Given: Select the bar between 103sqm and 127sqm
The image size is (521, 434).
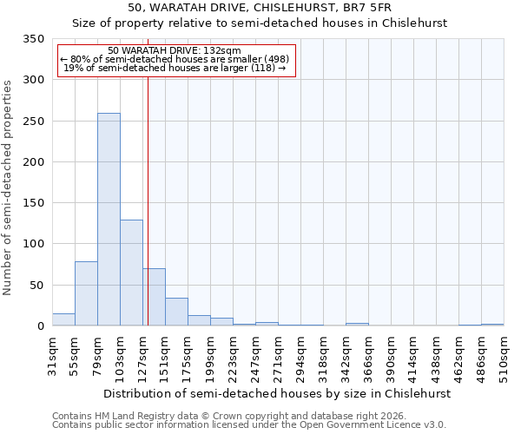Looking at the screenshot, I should [x=131, y=273].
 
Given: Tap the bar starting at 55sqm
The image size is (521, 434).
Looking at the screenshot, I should [x=86, y=293].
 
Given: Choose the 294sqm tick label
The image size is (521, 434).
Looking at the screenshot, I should [x=300, y=356].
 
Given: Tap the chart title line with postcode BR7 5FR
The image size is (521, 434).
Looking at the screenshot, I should [x=260, y=7].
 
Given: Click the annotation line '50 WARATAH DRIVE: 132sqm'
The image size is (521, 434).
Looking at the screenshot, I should [x=175, y=50].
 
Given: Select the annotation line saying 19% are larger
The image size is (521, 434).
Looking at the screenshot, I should [x=175, y=68].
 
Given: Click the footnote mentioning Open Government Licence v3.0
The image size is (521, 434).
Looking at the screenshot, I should [x=249, y=425].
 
